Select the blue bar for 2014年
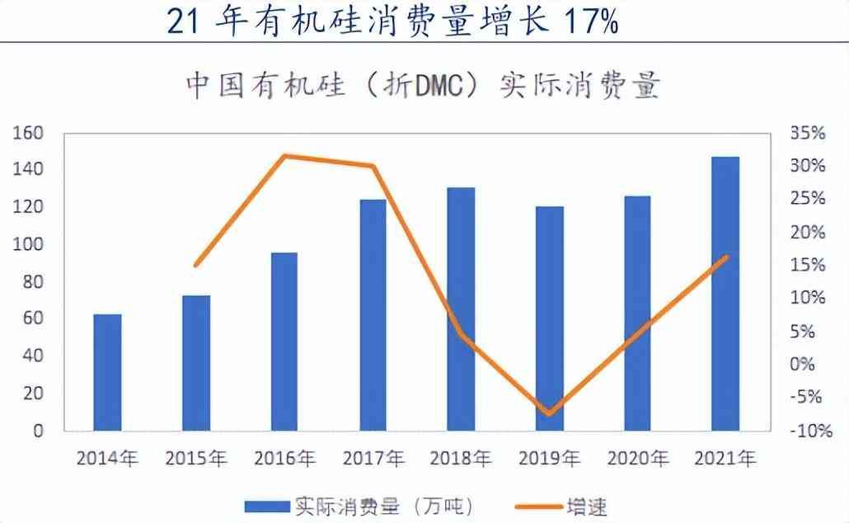tap(107, 372)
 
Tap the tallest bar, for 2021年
tap(725, 293)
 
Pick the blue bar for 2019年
tap(549, 318)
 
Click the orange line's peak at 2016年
tap(284, 155)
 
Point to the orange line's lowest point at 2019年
tap(549, 413)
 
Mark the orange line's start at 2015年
tap(195, 266)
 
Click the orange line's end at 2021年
tap(726, 257)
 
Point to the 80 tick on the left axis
tap(31, 282)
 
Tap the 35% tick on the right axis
tap(807, 134)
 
